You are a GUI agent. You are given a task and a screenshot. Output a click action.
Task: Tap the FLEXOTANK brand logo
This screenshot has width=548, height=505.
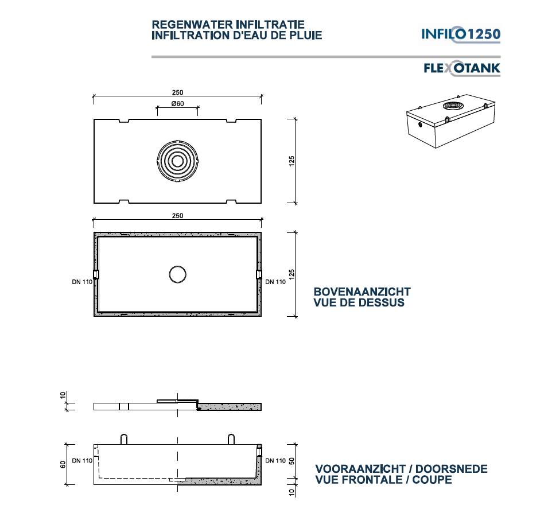(x=461, y=69)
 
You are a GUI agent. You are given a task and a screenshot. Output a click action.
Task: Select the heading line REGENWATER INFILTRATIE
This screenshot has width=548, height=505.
(x=228, y=25)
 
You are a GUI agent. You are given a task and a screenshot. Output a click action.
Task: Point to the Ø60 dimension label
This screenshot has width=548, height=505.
(x=177, y=104)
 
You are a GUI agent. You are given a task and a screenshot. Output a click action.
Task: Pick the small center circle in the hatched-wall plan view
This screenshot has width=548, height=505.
(x=178, y=274)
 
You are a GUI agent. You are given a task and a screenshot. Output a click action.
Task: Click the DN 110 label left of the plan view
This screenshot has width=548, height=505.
(x=82, y=282)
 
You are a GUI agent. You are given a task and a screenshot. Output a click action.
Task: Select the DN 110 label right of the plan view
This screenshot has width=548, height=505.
(x=275, y=282)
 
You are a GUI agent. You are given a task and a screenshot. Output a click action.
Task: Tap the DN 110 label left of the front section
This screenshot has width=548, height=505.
(x=82, y=460)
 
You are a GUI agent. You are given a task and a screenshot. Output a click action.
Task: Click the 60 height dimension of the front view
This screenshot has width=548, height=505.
(x=64, y=464)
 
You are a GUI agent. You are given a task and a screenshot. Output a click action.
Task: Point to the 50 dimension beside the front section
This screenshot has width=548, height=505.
(x=292, y=460)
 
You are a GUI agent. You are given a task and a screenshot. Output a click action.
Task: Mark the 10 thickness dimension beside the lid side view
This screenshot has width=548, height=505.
(x=64, y=395)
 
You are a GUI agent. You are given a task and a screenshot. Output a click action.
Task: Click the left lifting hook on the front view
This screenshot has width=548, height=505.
(x=124, y=438)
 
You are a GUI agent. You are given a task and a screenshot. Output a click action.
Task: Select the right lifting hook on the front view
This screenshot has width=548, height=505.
(x=231, y=438)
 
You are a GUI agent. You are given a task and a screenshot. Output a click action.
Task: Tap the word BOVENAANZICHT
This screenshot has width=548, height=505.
(x=362, y=292)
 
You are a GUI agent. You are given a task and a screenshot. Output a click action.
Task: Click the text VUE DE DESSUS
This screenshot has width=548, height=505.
(x=359, y=302)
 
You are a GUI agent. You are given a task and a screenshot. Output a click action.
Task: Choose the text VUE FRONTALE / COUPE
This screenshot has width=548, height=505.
(x=383, y=480)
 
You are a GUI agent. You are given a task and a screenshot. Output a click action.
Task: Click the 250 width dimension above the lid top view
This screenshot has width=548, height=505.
(x=177, y=92)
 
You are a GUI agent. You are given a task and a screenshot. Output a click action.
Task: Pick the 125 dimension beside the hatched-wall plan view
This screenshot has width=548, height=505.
(x=292, y=274)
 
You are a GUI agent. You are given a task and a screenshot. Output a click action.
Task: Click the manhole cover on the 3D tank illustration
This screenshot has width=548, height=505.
(x=453, y=106)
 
